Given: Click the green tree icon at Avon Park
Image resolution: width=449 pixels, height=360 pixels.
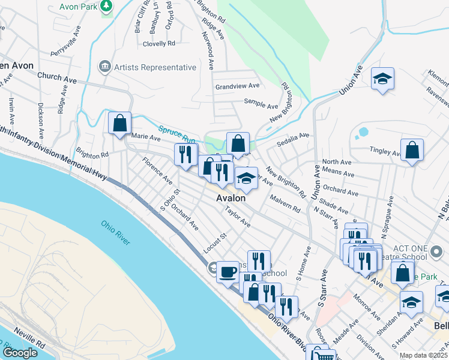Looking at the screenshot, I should pos(106,6).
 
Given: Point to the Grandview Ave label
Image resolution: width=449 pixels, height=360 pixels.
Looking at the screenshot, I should pos(237,87).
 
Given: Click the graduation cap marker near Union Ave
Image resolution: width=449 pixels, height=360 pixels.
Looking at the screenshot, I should pos(382,79).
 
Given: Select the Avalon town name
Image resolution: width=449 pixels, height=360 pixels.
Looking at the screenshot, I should pos(232,198).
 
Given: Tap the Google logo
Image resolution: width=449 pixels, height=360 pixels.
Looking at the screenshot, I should pos(20,353).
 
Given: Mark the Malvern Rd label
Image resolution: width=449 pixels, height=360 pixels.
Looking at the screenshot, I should pos(285,203).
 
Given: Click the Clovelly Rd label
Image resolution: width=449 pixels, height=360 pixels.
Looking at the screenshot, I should pos(158,44).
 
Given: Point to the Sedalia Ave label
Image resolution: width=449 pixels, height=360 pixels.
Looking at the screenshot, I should pos(292,140).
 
